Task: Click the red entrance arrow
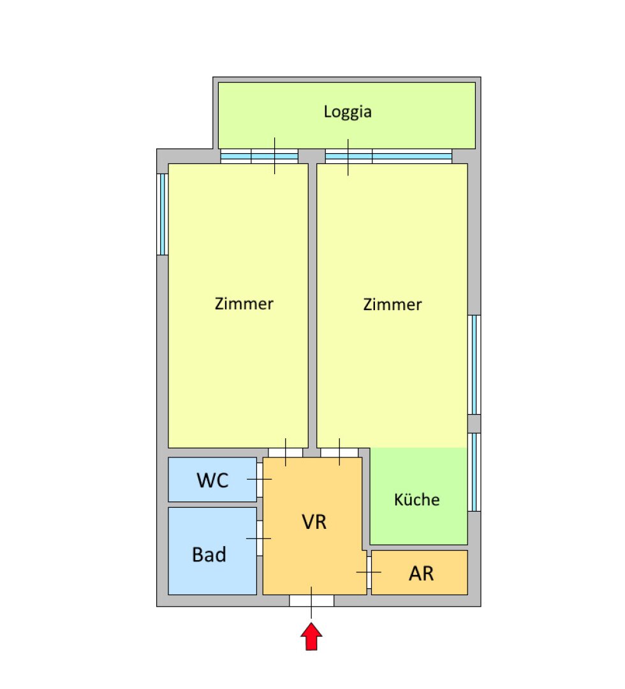click(311, 636)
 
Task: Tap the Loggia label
click(348, 112)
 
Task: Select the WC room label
click(212, 480)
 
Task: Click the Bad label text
click(209, 554)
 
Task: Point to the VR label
click(314, 522)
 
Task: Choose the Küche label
click(417, 500)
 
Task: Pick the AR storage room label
click(421, 574)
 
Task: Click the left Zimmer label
click(244, 304)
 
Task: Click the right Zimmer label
click(392, 304)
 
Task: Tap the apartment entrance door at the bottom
click(311, 601)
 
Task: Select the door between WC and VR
click(260, 479)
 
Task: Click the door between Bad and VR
click(260, 538)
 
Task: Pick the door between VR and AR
click(369, 572)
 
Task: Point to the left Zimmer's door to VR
click(286, 452)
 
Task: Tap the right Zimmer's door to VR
click(339, 452)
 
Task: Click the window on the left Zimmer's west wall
click(163, 214)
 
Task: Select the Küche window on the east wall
click(474, 472)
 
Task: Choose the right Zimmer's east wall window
click(474, 365)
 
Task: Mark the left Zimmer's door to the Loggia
click(259, 156)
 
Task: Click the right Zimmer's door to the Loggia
click(388, 156)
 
